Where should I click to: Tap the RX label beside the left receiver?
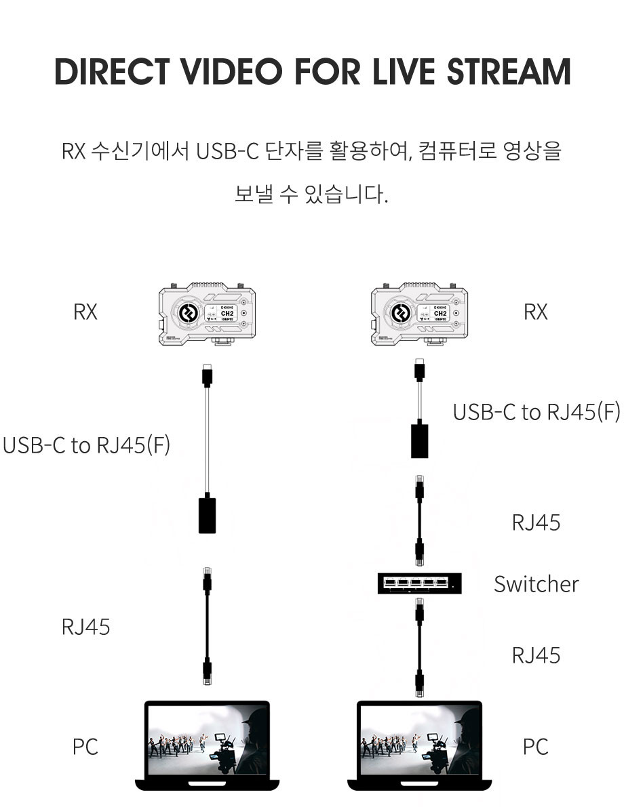tap(85, 312)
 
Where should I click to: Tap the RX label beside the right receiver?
tap(535, 312)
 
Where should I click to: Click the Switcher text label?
tap(536, 584)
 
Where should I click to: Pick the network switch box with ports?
tap(419, 583)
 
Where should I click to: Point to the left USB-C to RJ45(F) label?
tap(86, 445)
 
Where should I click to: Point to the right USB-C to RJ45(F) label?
tap(536, 412)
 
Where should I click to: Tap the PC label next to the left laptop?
tap(85, 747)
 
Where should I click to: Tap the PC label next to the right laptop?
tap(535, 747)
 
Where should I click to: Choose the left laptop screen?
tap(207, 741)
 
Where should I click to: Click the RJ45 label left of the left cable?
tap(85, 627)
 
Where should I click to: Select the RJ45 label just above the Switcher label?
tap(536, 522)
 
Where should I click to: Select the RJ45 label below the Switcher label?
tap(536, 655)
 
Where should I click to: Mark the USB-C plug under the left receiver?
tap(207, 375)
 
